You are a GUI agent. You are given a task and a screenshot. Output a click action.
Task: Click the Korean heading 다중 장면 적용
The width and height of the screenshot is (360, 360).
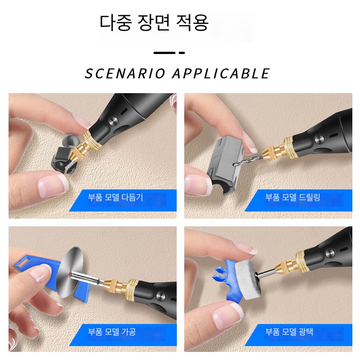154,22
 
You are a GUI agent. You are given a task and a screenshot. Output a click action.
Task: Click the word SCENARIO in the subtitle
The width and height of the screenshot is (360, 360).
125,73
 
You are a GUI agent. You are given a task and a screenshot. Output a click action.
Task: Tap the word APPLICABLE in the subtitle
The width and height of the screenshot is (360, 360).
221,73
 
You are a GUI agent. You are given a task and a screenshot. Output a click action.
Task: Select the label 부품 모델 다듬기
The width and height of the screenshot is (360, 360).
116,197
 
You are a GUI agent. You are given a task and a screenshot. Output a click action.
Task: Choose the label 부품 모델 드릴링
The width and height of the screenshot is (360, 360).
292,197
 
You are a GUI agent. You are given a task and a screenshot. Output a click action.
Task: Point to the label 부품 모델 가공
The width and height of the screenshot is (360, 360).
112,332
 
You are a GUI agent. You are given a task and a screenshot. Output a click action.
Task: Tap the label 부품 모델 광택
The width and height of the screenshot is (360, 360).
289,332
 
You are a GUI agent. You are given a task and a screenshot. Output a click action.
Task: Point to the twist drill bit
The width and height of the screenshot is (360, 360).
248,160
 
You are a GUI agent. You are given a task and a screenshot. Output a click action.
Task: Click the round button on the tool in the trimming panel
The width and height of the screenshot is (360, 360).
113,121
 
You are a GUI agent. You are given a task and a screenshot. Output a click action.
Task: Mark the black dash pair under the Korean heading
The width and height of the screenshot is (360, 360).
169,53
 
